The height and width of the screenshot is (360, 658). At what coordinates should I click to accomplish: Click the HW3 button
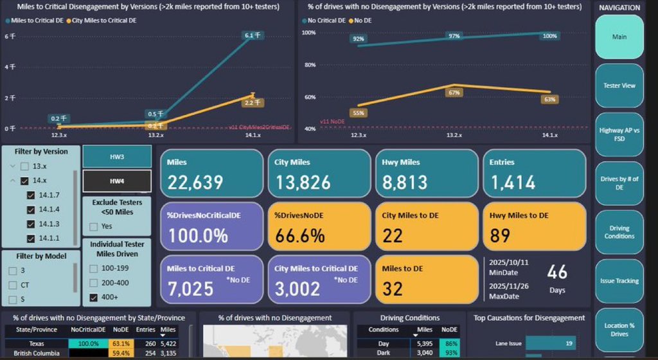click(x=117, y=157)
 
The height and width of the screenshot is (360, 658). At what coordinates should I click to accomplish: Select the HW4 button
click(x=117, y=181)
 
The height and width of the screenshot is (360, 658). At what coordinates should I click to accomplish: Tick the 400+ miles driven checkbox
click(x=94, y=297)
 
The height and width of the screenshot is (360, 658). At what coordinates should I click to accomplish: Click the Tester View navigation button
click(x=619, y=85)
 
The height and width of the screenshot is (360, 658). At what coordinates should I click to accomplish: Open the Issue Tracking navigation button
click(x=619, y=281)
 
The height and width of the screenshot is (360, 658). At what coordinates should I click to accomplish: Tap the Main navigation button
click(x=619, y=37)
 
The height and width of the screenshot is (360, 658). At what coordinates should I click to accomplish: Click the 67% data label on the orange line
click(x=454, y=93)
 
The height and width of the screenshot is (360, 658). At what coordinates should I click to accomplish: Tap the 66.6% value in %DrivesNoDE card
click(x=300, y=236)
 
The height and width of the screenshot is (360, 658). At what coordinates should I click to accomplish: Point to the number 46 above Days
click(x=557, y=273)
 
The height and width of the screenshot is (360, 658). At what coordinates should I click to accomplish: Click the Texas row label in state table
click(x=36, y=343)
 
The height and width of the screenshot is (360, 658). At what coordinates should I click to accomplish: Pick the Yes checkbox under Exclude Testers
click(x=94, y=226)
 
